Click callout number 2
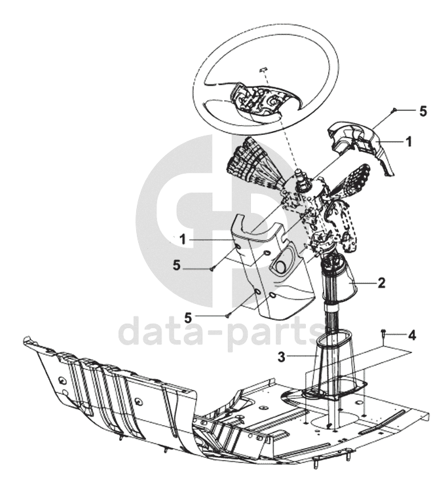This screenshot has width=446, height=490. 381,283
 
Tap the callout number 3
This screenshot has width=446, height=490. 282,356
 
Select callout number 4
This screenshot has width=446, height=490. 412,335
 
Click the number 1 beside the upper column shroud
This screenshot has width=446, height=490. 409,141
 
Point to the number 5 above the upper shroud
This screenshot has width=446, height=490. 423,111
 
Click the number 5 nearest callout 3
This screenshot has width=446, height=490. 188,318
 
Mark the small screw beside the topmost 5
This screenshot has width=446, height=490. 394,109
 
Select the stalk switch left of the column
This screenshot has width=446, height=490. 256,166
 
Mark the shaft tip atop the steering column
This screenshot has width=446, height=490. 298,172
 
